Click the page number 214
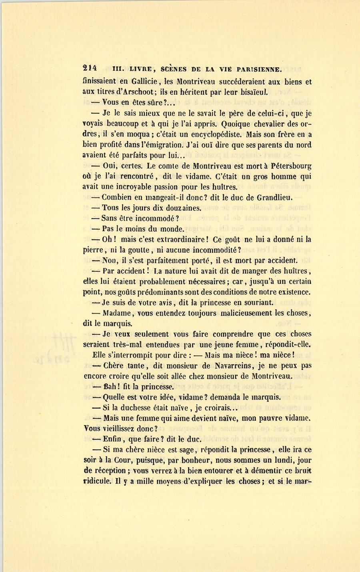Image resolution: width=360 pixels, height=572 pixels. tap(91, 68)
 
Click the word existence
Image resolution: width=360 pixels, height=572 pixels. tap(284, 292)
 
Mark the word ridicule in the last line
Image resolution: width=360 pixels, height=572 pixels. tap(96, 481)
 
